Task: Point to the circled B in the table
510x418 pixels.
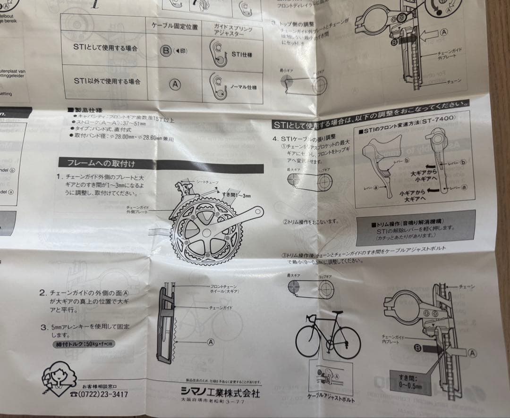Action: click(x=166, y=50)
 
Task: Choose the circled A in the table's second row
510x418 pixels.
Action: click(x=175, y=84)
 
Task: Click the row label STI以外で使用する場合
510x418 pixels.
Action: click(x=107, y=82)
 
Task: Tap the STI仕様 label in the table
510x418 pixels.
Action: click(x=241, y=55)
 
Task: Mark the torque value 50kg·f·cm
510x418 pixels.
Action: click(x=83, y=344)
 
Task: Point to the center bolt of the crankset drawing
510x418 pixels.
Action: click(x=206, y=233)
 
